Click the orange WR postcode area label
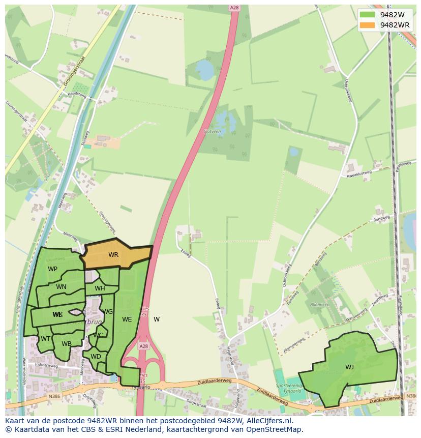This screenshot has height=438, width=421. (113, 255)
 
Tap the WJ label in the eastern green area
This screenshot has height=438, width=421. (349, 367)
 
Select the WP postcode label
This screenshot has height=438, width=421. (52, 269)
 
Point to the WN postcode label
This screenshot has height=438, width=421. (61, 287)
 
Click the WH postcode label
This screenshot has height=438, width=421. (100, 288)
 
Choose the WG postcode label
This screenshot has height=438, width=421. (107, 312)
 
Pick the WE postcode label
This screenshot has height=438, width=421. (127, 319)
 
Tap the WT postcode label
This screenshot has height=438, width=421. (45, 339)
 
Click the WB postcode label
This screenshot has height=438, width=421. (66, 344)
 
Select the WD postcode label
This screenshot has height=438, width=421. (96, 357)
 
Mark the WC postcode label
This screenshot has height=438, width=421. (98, 335)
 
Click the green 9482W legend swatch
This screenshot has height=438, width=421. (367, 15)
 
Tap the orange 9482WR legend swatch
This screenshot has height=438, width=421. (367, 25)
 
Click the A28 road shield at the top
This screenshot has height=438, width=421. (234, 8)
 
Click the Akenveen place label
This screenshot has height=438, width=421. (320, 305)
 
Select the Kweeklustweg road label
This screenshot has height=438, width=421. (359, 174)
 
